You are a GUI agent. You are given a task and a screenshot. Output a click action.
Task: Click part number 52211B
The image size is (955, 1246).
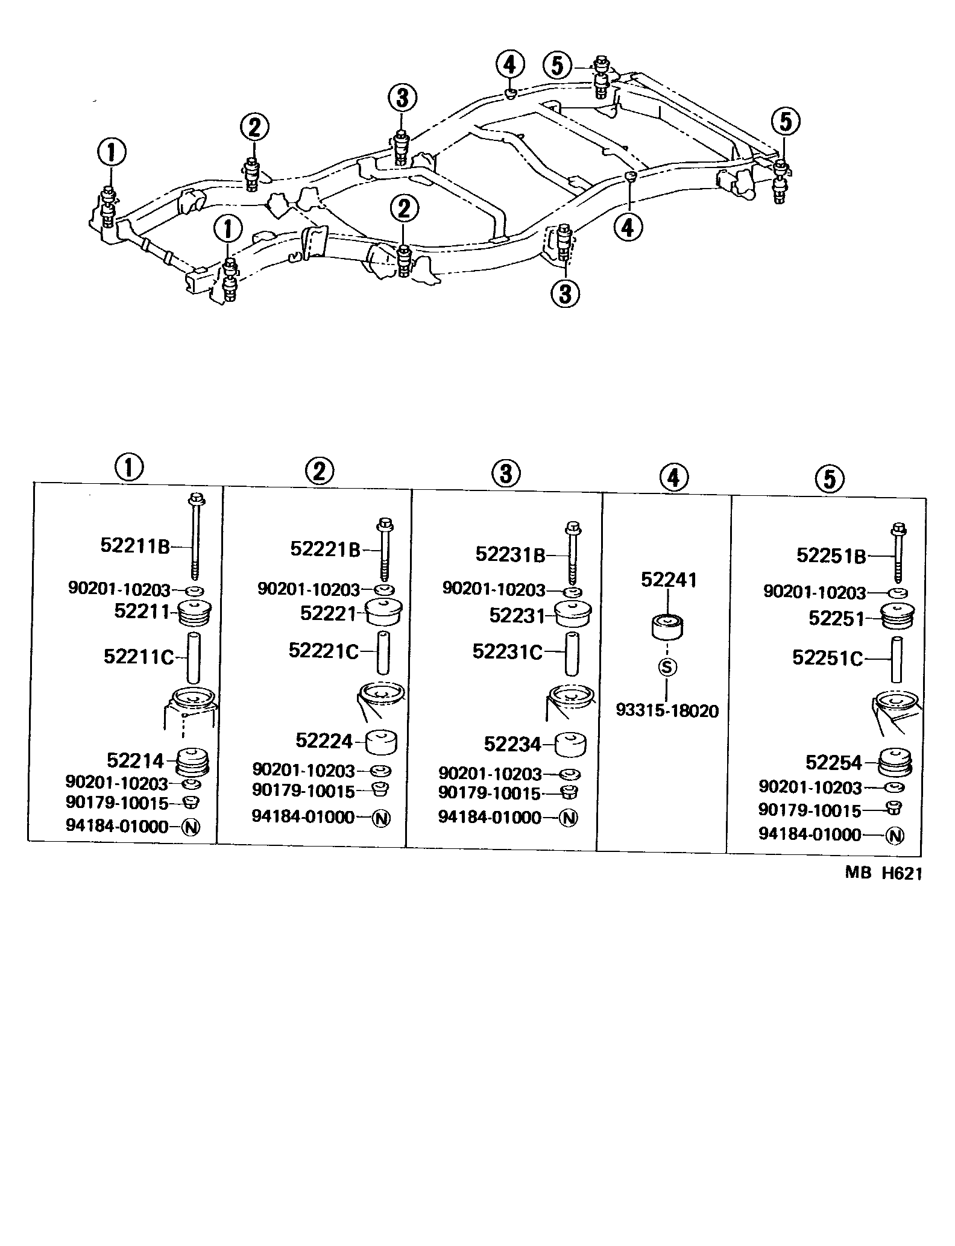pyautogui.click(x=135, y=546)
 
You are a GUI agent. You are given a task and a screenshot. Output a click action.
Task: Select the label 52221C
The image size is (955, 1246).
pyautogui.click(x=323, y=651)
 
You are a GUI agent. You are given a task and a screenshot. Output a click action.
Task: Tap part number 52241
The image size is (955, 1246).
pyautogui.click(x=669, y=580)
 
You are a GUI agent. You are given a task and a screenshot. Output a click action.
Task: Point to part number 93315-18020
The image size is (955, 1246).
pyautogui.click(x=667, y=711)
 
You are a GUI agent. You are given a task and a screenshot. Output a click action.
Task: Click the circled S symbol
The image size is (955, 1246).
pyautogui.click(x=667, y=667)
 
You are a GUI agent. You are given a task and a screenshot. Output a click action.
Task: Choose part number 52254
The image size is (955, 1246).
pyautogui.click(x=834, y=762)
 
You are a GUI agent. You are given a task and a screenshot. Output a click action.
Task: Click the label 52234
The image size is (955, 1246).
pyautogui.click(x=512, y=744)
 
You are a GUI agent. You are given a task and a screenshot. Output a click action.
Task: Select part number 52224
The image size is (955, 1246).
pyautogui.click(x=324, y=740)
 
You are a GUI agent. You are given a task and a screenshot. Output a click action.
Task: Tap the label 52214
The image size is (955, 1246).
pyautogui.click(x=135, y=760)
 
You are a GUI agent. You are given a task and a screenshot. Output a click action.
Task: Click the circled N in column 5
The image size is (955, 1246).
pyautogui.click(x=895, y=836)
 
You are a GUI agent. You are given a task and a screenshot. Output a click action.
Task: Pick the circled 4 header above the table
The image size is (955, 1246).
pyautogui.click(x=673, y=478)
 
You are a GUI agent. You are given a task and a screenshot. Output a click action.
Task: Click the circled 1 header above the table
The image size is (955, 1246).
pyautogui.click(x=128, y=467)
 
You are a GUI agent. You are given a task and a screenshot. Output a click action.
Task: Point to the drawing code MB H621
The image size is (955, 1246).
pyautogui.click(x=883, y=873)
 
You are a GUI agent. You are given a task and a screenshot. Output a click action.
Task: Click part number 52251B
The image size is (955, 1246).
pyautogui.click(x=831, y=556)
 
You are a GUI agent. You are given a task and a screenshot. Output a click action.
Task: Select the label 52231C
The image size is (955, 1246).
pyautogui.click(x=508, y=652)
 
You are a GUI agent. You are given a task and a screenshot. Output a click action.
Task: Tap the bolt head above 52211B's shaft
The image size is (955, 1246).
pyautogui.click(x=196, y=498)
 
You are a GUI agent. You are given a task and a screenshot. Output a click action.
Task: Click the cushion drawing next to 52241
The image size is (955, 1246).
pyautogui.click(x=667, y=627)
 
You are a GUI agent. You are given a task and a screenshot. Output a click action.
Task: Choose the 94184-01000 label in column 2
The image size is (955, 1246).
pyautogui.click(x=303, y=816)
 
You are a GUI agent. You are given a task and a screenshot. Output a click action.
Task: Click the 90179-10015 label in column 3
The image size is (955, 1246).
pyautogui.click(x=489, y=793)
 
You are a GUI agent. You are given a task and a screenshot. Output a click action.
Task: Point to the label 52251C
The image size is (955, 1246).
pyautogui.click(x=827, y=658)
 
